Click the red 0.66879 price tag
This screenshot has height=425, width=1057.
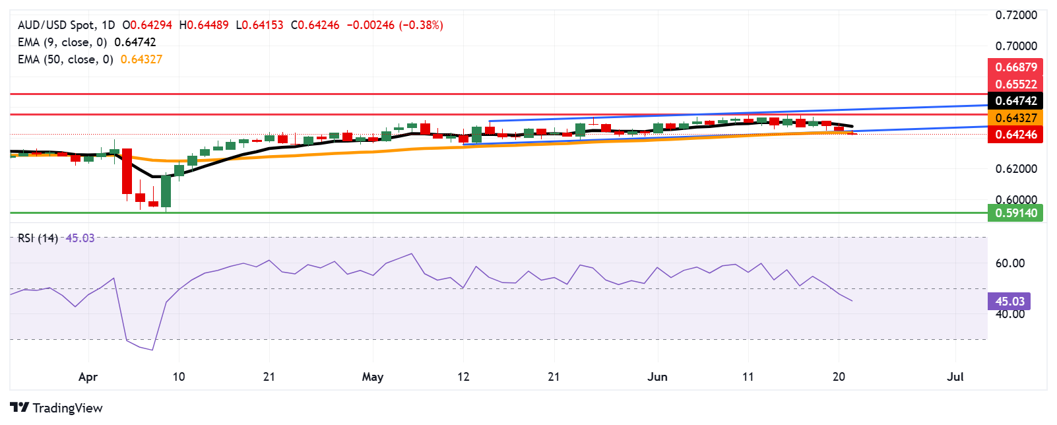click(1015, 67)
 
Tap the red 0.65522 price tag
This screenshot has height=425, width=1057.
click(1015, 84)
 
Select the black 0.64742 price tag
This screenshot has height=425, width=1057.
click(1015, 101)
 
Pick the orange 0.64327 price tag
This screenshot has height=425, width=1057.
click(1015, 118)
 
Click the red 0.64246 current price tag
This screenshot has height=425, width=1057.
click(1015, 135)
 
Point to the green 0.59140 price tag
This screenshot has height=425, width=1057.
click(1015, 213)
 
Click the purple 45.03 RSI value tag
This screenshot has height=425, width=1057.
click(1009, 302)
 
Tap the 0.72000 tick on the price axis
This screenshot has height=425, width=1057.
click(1016, 15)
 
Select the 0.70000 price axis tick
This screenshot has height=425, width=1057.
click(1016, 46)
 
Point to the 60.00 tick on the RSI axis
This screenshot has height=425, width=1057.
click(1009, 263)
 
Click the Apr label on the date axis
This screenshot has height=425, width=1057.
click(88, 377)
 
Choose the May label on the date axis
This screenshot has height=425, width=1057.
click(373, 377)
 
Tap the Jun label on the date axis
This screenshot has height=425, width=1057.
click(657, 377)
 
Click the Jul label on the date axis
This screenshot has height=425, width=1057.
click(955, 377)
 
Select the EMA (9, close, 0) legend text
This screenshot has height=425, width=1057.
click(62, 42)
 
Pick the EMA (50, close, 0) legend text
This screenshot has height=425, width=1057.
click(65, 59)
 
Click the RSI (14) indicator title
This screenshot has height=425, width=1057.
click(38, 238)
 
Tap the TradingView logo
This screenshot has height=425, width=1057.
click(57, 408)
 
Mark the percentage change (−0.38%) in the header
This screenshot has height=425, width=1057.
click(421, 25)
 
